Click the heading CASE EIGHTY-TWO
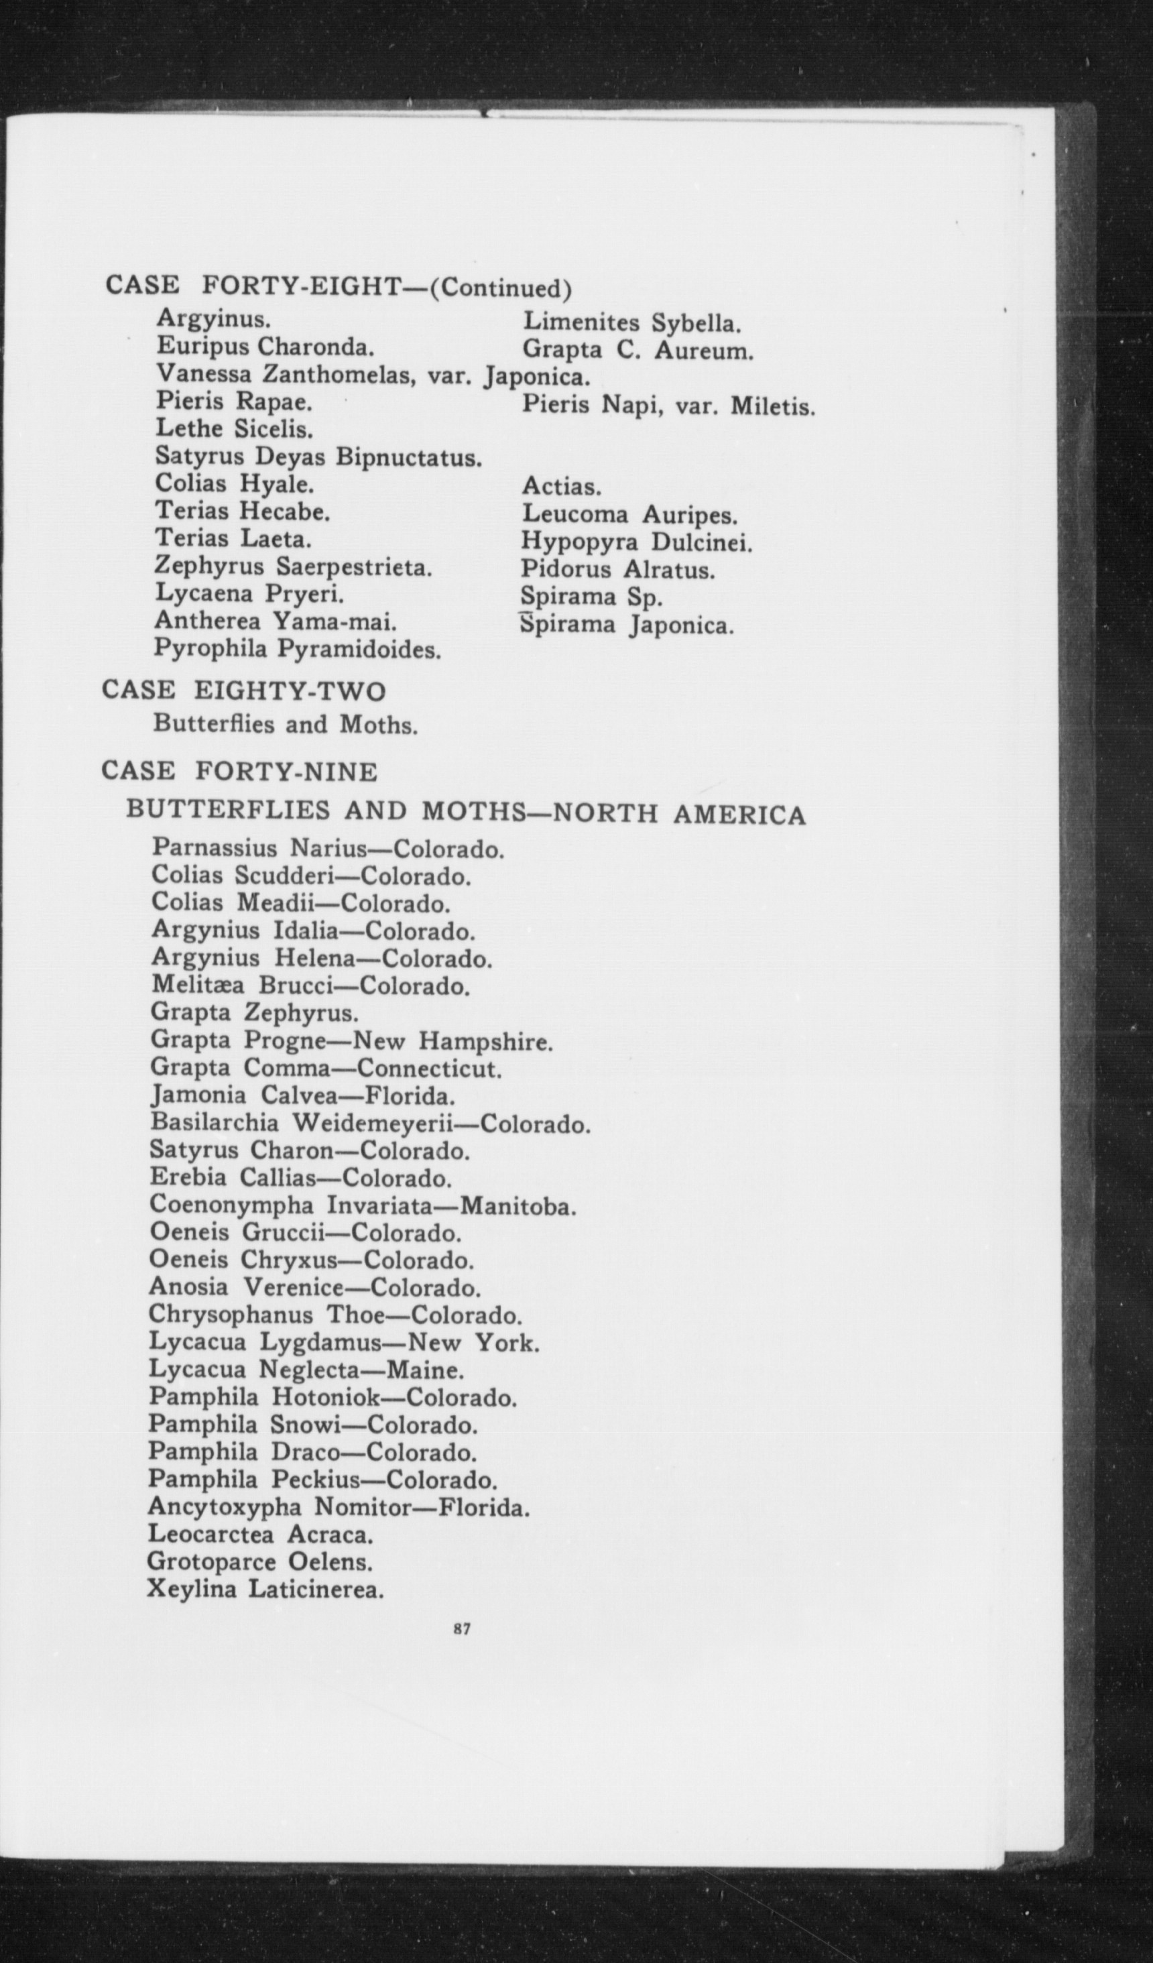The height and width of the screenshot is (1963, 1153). pyautogui.click(x=244, y=691)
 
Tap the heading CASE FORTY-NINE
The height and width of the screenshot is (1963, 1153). pyautogui.click(x=239, y=771)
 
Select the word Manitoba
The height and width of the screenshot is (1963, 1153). pyautogui.click(x=518, y=1207)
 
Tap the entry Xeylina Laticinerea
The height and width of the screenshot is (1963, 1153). pyautogui.click(x=265, y=1588)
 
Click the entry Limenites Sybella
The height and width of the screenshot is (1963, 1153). pyautogui.click(x=631, y=322)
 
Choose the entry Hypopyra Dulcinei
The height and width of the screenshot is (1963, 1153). pyautogui.click(x=636, y=542)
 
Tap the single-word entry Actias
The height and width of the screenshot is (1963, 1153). pyautogui.click(x=561, y=487)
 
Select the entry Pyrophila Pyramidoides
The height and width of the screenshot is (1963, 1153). pyautogui.click(x=298, y=649)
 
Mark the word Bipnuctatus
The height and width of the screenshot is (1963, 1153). pyautogui.click(x=408, y=457)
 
